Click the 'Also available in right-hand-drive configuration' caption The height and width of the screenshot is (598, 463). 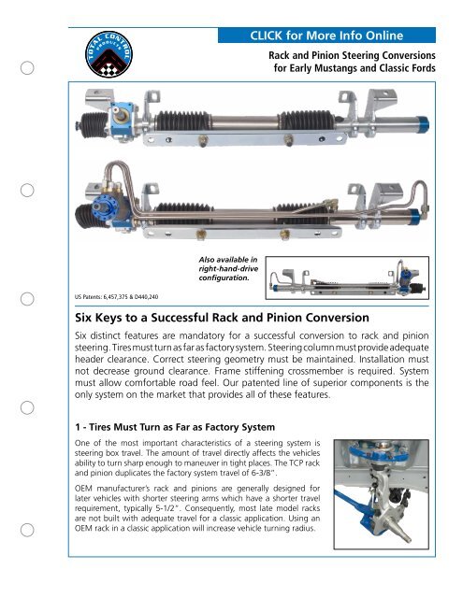[227, 268]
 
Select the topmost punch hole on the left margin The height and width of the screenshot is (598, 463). [30, 67]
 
